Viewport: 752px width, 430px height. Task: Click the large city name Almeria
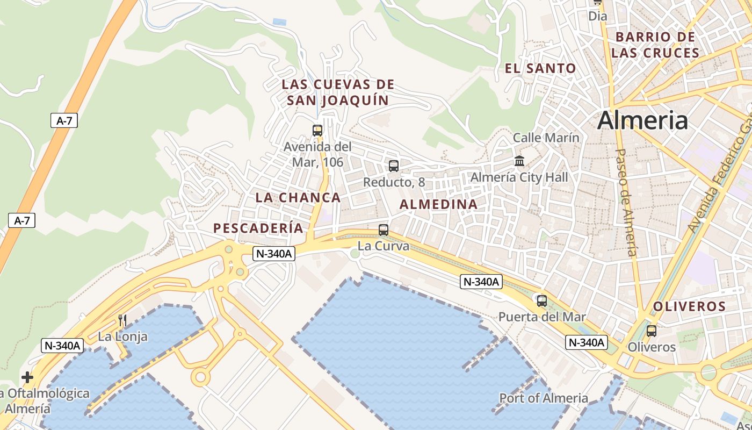coord(642,120)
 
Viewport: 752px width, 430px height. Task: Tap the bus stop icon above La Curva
coord(384,230)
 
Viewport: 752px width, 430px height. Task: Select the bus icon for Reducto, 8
coord(394,166)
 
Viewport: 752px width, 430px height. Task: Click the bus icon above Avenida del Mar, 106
coord(317,130)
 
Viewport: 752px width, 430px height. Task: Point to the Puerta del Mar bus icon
coord(542,301)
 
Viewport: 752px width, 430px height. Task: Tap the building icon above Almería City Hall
coord(519,161)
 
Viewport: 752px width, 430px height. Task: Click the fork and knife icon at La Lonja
coord(122,321)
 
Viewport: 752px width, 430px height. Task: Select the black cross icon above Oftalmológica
coord(27,377)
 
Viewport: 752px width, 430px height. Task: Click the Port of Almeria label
coord(544,398)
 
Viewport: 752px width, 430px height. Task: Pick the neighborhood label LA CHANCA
coord(298,197)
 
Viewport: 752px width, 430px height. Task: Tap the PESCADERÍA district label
coord(258,228)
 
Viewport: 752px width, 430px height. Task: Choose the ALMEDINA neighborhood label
coord(438,204)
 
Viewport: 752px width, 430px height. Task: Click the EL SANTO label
coord(540,68)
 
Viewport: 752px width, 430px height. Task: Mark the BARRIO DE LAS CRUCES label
coord(655,45)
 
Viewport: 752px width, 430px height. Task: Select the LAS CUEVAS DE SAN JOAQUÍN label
coord(338,92)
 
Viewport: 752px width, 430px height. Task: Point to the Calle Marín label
coord(546,138)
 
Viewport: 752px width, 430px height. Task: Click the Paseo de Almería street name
coord(626,202)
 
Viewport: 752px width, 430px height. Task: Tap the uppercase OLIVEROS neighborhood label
coord(689,307)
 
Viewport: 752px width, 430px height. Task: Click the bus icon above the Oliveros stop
coord(652,331)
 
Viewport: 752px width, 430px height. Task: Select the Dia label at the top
coord(598,16)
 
